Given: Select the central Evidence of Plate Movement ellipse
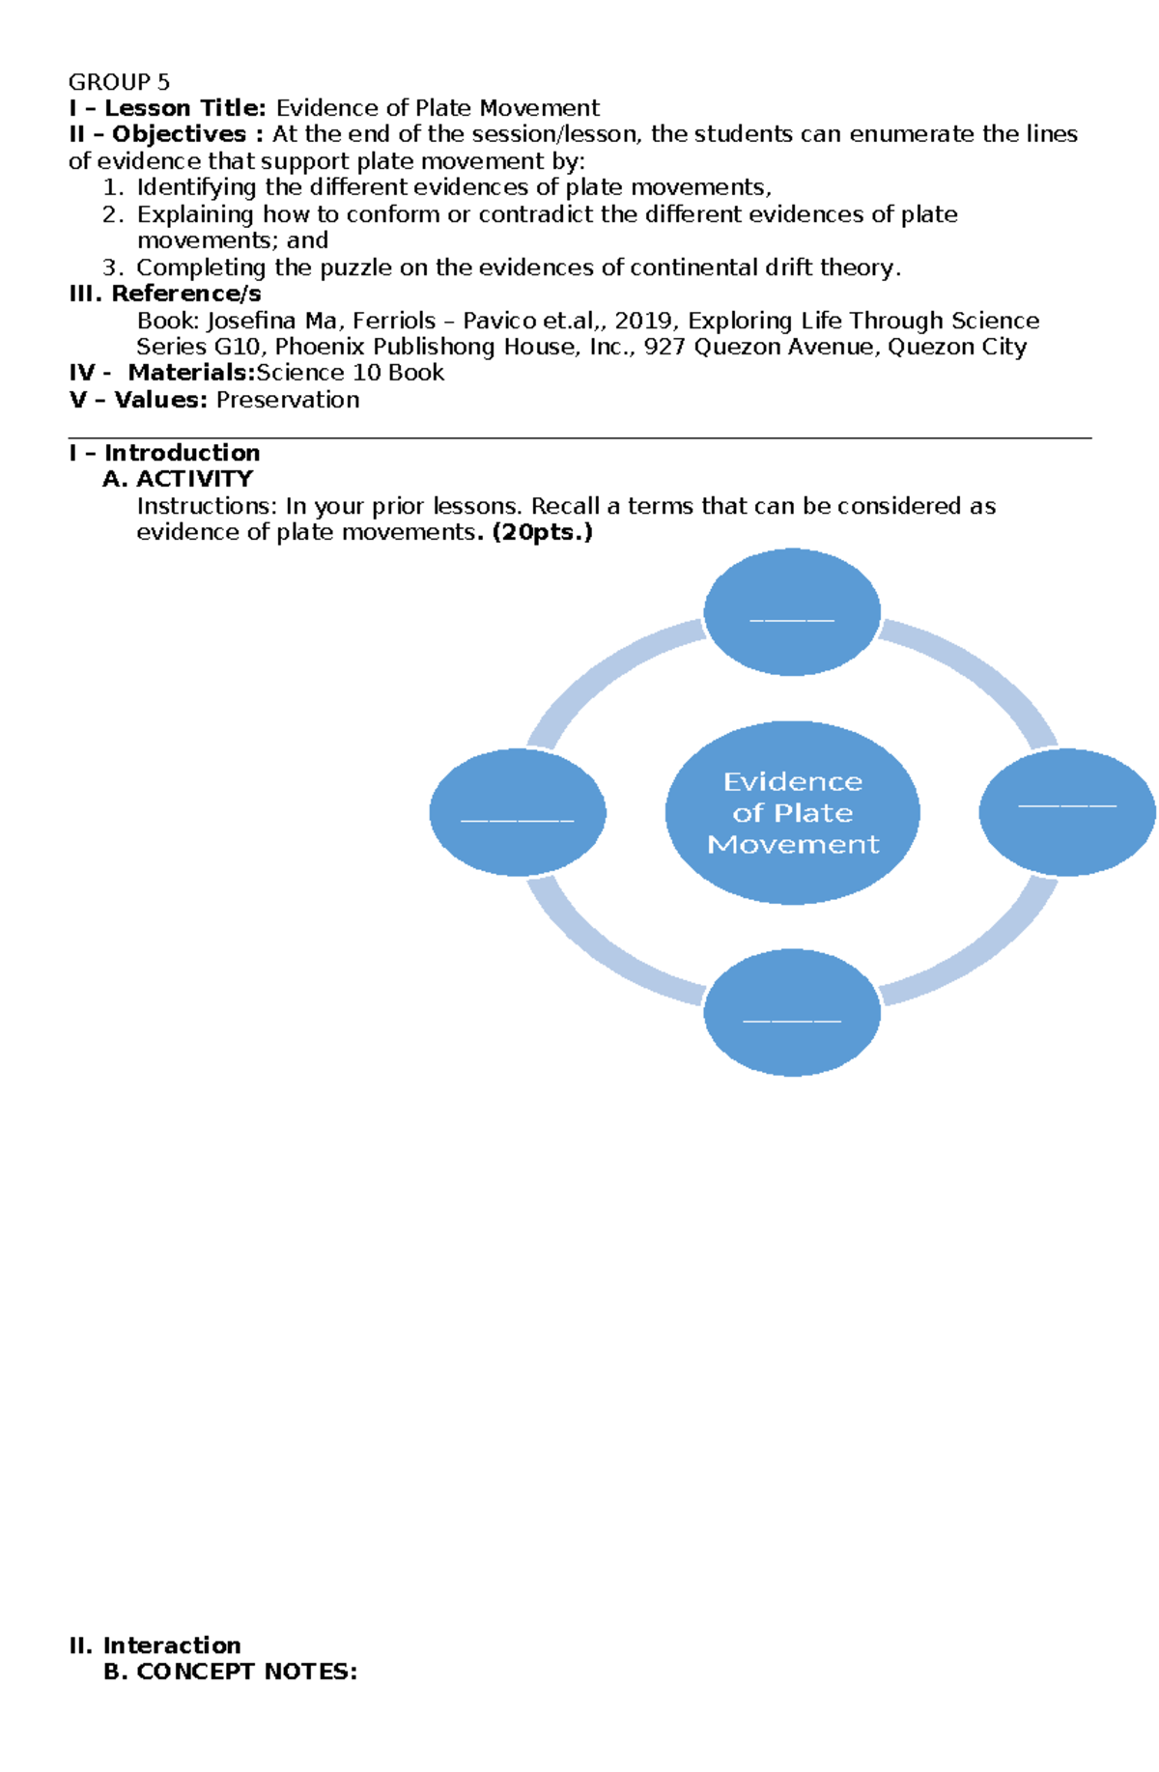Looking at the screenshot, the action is coord(792,812).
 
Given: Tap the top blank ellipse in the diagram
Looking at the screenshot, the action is coord(792,611).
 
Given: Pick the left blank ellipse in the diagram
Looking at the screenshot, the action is coord(518,812).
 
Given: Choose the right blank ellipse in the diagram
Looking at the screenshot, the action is coord(1067,812).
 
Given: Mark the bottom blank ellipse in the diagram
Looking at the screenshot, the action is coord(792,1012).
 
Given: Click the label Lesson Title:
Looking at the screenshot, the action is coord(184,108).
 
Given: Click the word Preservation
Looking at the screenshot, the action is coord(288,400).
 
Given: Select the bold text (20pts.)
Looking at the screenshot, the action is coord(542,532).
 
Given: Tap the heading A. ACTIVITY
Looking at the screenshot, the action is coord(178,479).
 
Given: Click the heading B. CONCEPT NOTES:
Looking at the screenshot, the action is coord(230,1672).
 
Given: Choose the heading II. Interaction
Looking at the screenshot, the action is coord(155,1645).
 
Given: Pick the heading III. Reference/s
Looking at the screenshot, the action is coord(164,294).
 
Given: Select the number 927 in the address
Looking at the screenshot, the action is coord(664,347).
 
